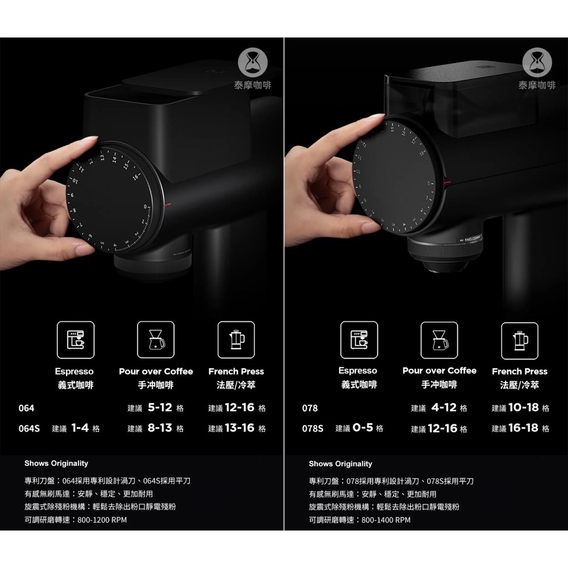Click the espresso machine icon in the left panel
(75, 339)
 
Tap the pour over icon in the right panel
(439, 340)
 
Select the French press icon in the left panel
(236, 339)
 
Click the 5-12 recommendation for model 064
(160, 408)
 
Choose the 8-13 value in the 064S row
(160, 428)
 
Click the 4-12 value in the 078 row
(444, 408)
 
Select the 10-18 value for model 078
(523, 408)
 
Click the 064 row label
(26, 408)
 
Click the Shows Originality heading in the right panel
(340, 463)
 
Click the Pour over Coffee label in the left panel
(156, 371)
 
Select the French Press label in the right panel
(520, 371)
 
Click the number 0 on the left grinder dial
(146, 206)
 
